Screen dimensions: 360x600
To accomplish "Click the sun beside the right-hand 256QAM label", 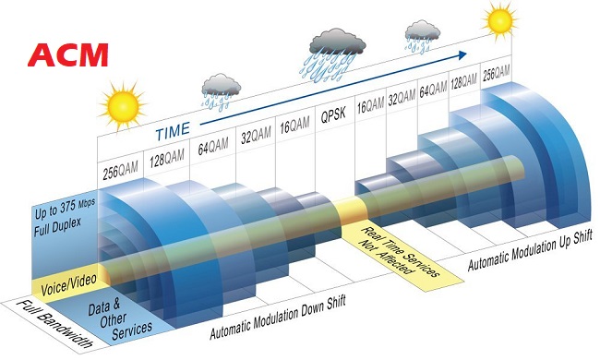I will [x=499, y=18].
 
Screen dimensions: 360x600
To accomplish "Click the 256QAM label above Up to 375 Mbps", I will [x=121, y=171].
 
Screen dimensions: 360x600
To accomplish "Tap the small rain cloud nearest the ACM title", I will [x=222, y=88].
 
